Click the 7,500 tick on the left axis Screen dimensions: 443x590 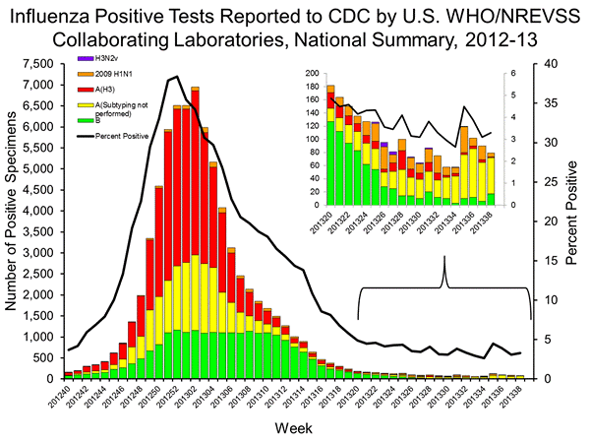tap(39, 63)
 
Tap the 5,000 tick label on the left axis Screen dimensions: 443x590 tap(39, 168)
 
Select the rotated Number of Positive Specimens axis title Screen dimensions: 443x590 tap(11, 221)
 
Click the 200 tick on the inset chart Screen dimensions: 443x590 tap(314, 74)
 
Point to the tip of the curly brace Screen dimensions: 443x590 tap(444, 257)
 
